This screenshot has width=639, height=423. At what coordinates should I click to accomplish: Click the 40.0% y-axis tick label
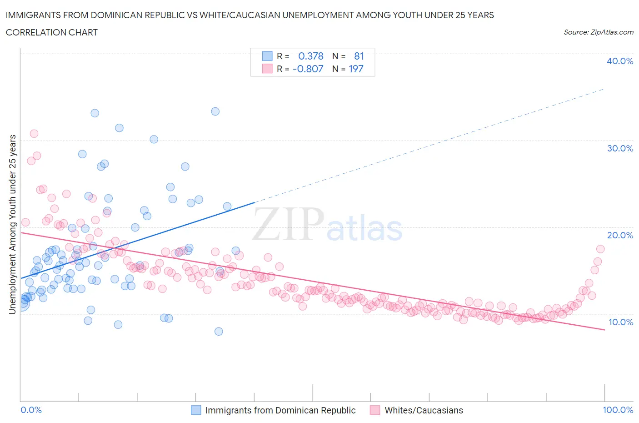pos(620,61)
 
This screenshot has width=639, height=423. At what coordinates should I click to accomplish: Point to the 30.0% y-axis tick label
pos(620,148)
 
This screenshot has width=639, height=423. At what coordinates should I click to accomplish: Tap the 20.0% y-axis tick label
pos(620,235)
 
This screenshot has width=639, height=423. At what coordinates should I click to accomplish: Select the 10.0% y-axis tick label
pos(620,322)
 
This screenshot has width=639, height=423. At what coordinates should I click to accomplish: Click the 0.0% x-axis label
pos(31,410)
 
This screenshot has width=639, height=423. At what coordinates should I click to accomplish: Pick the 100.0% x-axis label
pos(618,410)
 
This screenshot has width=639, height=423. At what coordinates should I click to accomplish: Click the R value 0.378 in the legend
pos(311,56)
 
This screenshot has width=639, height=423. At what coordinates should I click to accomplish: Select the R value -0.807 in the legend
pos(308,69)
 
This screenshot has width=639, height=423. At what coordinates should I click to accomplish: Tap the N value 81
pos(359,56)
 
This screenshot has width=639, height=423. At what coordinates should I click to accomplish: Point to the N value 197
pos(356,69)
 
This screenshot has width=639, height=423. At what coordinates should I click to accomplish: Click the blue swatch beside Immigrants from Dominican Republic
pos(196,410)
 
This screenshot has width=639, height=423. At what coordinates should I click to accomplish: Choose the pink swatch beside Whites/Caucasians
pos(375,410)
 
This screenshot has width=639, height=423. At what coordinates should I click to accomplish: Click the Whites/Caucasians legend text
pos(424,410)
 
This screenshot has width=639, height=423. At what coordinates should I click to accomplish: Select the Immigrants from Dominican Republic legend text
pos(280,410)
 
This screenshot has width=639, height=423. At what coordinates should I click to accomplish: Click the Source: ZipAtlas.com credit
pos(598,32)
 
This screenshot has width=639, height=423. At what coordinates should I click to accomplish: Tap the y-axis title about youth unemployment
pos(12,224)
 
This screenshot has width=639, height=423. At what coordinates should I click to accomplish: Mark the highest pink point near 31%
pos(34,133)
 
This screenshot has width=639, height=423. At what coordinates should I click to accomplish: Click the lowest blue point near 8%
pos(219,331)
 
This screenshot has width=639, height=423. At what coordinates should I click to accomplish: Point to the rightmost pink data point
pos(600,249)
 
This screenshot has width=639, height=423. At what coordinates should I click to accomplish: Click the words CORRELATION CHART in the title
pos(52,32)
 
